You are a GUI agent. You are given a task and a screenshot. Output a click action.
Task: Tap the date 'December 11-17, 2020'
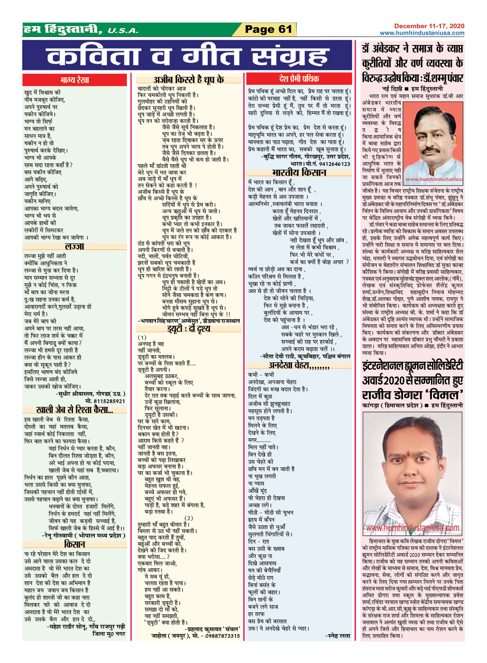tap(429, 26)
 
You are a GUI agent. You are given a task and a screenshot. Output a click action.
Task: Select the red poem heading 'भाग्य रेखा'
tap(75, 80)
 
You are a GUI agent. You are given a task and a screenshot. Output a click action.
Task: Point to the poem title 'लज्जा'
tap(74, 247)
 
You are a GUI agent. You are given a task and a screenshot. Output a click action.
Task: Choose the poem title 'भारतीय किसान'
tap(299, 173)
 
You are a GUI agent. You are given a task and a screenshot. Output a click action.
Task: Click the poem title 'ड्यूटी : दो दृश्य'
tap(189, 329)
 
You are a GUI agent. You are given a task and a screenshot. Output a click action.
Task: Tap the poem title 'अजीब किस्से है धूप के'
tap(189, 80)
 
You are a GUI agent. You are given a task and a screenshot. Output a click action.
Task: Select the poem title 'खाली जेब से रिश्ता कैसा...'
tap(74, 410)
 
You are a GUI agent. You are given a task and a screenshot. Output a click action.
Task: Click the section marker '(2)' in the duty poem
tap(189, 518)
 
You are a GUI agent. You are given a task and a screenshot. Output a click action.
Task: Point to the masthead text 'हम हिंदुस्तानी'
tap(62, 30)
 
